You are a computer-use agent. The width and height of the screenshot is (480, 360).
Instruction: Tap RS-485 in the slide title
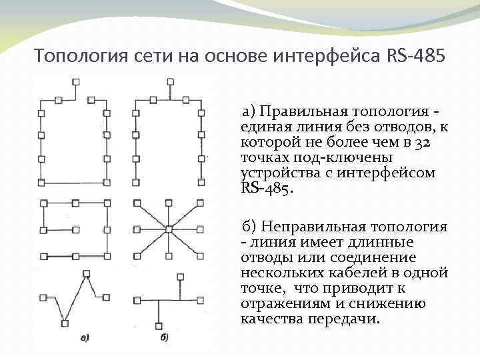(415, 55)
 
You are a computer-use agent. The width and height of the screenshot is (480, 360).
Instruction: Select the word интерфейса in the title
(326, 55)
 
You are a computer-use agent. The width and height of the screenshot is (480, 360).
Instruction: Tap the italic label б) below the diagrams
(164, 337)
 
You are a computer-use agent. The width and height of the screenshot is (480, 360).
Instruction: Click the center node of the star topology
(169, 229)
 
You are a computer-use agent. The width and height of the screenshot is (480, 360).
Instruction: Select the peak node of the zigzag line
(87, 273)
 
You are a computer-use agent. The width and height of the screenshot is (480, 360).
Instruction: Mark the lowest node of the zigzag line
(65, 324)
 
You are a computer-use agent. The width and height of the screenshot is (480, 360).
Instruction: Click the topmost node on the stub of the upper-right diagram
(169, 81)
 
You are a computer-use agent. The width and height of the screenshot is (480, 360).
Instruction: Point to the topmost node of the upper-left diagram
(75, 81)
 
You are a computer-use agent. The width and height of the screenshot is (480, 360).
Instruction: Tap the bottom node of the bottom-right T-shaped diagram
(159, 325)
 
